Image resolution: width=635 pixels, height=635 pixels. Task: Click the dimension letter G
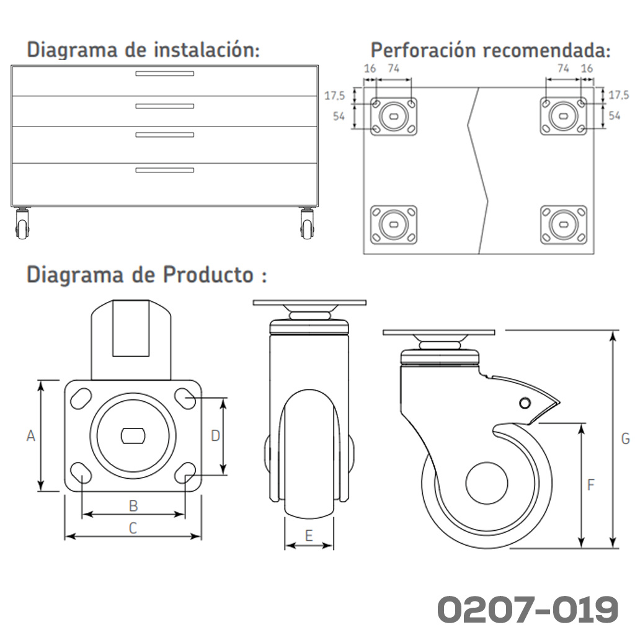pyautogui.click(x=625, y=438)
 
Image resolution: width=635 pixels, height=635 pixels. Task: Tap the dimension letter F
pyautogui.click(x=591, y=484)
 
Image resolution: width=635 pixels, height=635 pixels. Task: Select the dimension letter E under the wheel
pyautogui.click(x=309, y=536)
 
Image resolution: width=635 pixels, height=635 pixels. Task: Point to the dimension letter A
pyautogui.click(x=31, y=436)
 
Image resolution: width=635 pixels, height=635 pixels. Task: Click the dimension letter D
pyautogui.click(x=215, y=436)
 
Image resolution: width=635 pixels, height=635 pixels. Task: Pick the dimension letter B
pyautogui.click(x=133, y=506)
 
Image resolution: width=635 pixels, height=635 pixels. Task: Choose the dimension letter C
pyautogui.click(x=133, y=528)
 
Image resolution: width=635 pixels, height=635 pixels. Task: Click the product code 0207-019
pyautogui.click(x=528, y=610)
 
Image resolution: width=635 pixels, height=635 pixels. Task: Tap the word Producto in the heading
pyautogui.click(x=208, y=275)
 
